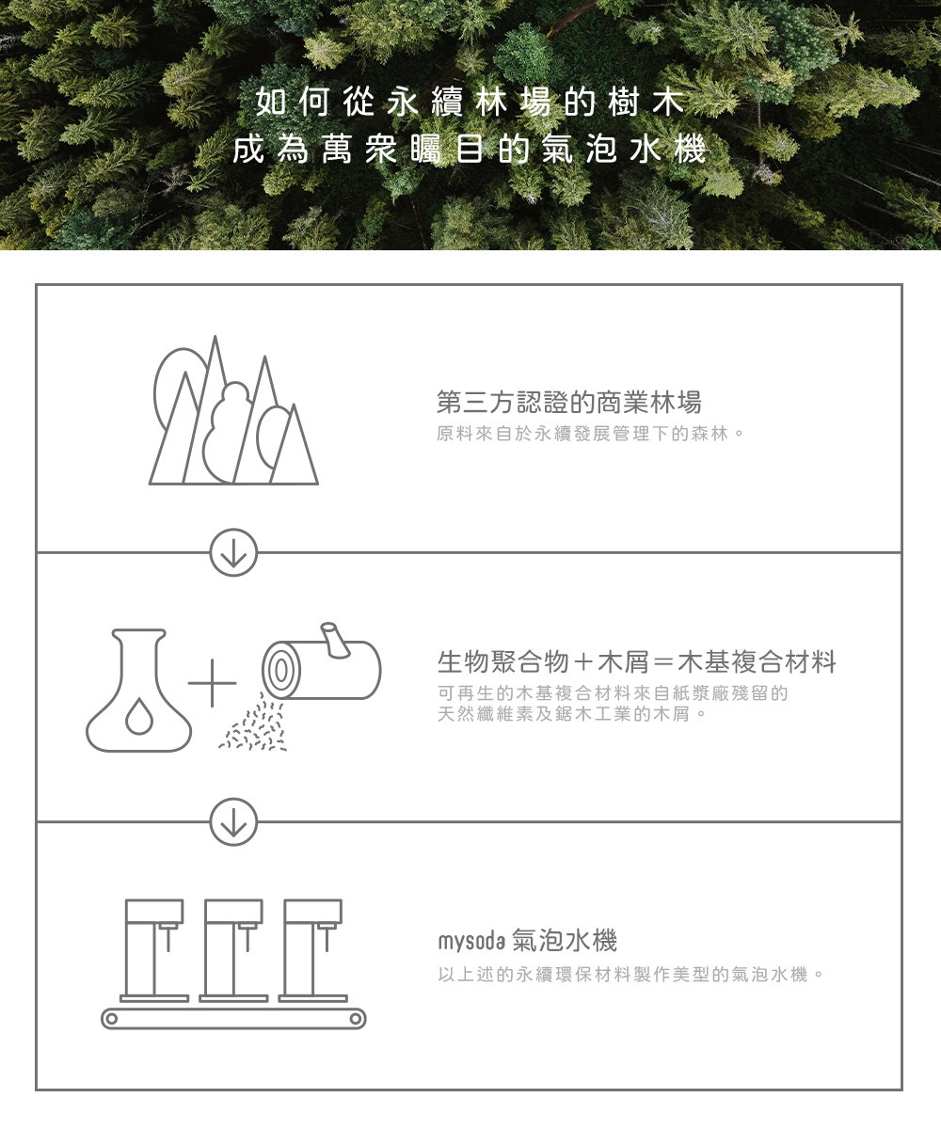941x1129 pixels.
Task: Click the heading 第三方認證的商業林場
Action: [x=569, y=403]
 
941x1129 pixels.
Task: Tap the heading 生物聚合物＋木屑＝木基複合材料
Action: [x=636, y=661]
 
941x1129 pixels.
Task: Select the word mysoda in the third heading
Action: [x=471, y=942]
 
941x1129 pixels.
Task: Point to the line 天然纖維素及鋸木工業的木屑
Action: [x=571, y=714]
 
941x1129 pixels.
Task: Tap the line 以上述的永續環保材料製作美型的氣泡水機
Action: [x=630, y=975]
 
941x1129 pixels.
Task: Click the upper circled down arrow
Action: [x=233, y=552]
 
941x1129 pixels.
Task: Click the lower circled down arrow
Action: [x=233, y=821]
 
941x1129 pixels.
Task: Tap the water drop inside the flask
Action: [x=139, y=716]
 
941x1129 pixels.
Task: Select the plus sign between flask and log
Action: [x=212, y=683]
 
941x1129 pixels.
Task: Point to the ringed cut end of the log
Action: [x=280, y=671]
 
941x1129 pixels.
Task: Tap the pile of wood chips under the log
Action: [x=254, y=724]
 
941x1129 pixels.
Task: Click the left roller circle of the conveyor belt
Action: [x=111, y=1019]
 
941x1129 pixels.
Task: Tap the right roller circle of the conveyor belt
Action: [x=356, y=1019]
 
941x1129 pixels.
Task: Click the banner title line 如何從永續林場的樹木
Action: [x=470, y=103]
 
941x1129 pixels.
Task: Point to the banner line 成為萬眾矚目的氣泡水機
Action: [x=470, y=150]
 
